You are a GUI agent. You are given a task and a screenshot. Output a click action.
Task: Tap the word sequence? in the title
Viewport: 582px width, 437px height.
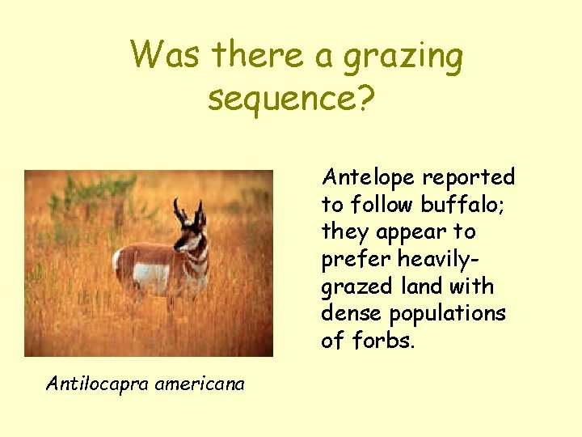[x=291, y=99]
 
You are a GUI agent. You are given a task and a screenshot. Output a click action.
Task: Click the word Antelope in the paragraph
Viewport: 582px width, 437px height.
[x=368, y=177]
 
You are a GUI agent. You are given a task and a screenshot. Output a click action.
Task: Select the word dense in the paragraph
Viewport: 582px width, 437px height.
[x=348, y=313]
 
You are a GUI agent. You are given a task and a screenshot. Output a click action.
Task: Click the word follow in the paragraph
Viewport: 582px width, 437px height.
[x=376, y=204]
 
